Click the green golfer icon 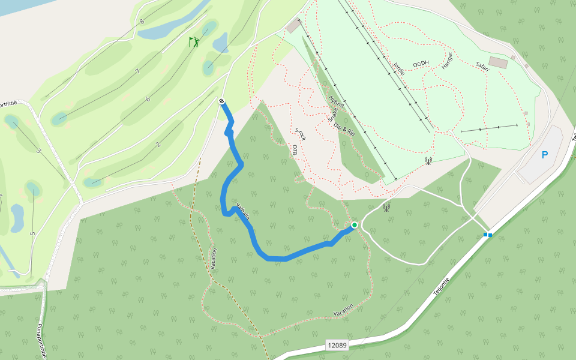[194, 42]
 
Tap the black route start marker [222, 102]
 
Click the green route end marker [355, 225]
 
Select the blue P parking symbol [545, 155]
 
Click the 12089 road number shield [337, 345]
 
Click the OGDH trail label [421, 64]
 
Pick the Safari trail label [482, 66]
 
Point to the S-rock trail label [301, 134]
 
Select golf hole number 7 [137, 71]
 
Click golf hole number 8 [142, 22]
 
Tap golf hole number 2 [157, 144]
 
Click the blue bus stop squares [488, 235]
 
